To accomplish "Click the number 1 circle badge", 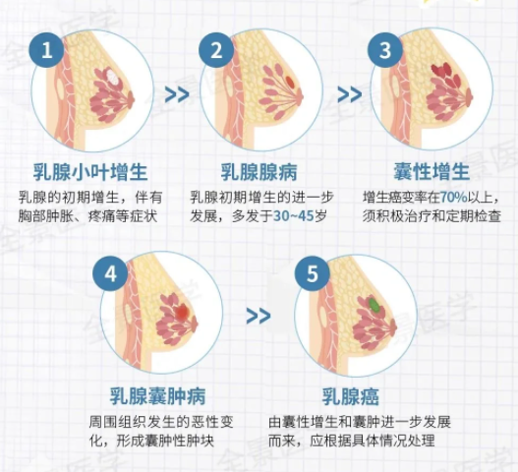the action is pos(46,50).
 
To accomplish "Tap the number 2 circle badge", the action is pos(216,50).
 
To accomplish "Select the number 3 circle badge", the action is pos(385,50).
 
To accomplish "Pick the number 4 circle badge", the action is pos(110,273).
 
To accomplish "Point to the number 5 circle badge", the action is pos(313,273).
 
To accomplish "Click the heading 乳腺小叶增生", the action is pos(90,172).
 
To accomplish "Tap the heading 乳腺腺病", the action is pos(259,172).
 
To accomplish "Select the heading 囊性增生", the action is pos(432,172).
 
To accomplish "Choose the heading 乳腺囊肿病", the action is pos(158,395).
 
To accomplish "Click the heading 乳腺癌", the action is pos(351,395).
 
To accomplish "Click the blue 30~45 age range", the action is pos(293,215).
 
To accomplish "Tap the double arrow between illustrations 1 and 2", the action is pos(177,94).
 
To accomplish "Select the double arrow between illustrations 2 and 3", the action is pos(350,94).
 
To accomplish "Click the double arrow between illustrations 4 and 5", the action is pos(259,317).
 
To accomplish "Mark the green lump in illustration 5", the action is pos(374,305).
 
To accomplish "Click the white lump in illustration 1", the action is pos(112,78).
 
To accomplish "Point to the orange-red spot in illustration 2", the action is pos(290,82).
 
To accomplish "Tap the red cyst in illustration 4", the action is pos(182,313).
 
